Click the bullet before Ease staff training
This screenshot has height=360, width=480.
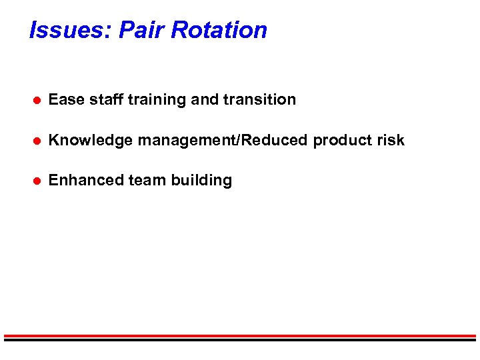click(39, 100)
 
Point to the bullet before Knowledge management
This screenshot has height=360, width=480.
click(39, 141)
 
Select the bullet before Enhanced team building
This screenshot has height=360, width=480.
click(39, 181)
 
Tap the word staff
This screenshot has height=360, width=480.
click(103, 100)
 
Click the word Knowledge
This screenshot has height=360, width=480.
click(91, 141)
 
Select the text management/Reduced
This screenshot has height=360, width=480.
click(223, 141)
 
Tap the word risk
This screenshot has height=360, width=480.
click(391, 141)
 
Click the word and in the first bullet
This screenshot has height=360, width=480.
click(204, 100)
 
